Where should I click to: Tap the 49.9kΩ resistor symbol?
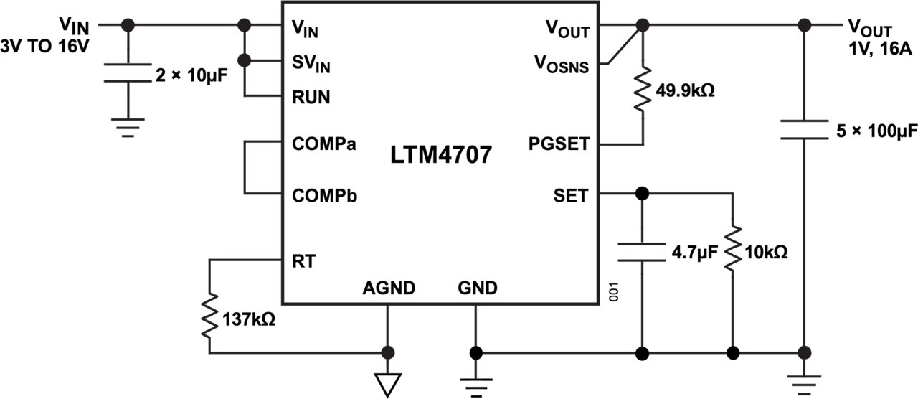[643, 90]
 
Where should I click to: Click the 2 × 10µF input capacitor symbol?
[128, 72]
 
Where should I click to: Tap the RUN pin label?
[311, 97]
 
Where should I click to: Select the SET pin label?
[571, 194]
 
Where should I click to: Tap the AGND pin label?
[388, 288]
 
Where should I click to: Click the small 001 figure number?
[613, 293]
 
